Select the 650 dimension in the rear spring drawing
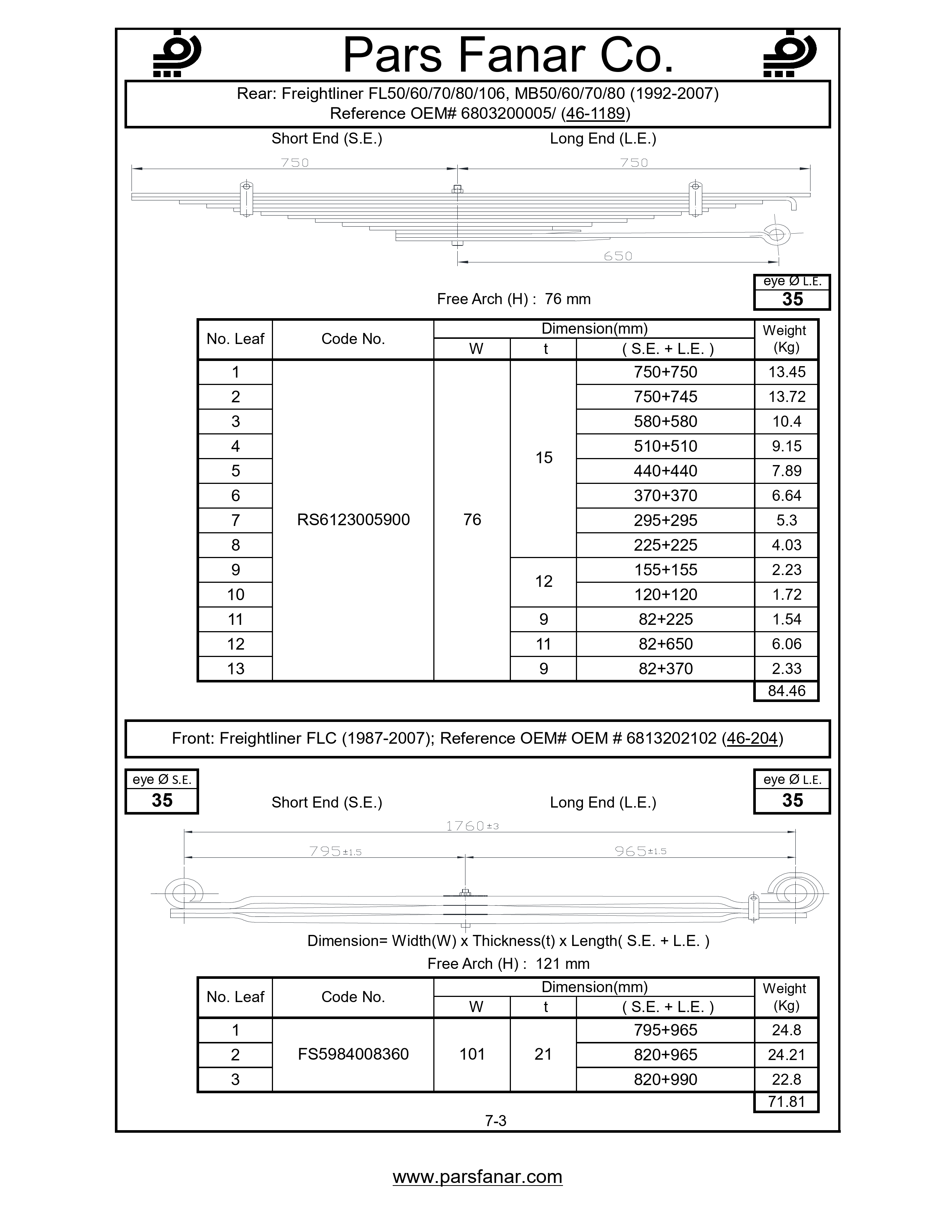click(x=618, y=256)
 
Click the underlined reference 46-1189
click(x=595, y=114)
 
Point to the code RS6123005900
click(x=353, y=520)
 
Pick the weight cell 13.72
click(x=786, y=396)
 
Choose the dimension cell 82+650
click(x=665, y=644)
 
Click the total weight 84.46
click(x=786, y=691)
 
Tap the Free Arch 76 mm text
click(x=513, y=299)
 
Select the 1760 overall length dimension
click(x=472, y=826)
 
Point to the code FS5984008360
click(x=353, y=1054)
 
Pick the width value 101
click(x=472, y=1054)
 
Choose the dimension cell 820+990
click(x=665, y=1079)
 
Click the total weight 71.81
click(x=786, y=1101)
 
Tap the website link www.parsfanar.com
click(x=477, y=1176)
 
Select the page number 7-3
click(x=495, y=1121)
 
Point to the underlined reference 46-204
click(x=752, y=739)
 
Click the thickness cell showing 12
click(x=543, y=582)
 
